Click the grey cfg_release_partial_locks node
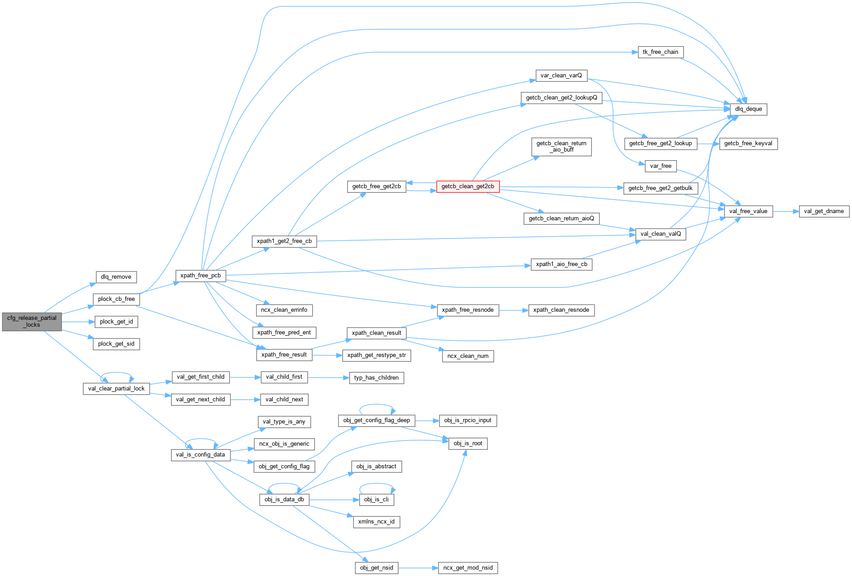[32, 321]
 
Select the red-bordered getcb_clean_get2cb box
[467, 186]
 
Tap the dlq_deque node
[748, 109]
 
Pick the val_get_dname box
[823, 211]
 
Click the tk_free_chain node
[660, 52]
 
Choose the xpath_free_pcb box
[200, 276]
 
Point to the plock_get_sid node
[116, 344]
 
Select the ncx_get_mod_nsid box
[468, 568]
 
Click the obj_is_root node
[468, 443]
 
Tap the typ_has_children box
[376, 378]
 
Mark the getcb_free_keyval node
[748, 143]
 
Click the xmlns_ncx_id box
[376, 522]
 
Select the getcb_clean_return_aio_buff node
[561, 147]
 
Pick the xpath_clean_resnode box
[561, 310]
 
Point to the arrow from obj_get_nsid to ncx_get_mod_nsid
[418, 568]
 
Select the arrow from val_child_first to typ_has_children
[328, 377]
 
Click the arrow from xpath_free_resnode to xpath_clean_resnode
[514, 310]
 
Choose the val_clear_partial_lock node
[116, 389]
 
